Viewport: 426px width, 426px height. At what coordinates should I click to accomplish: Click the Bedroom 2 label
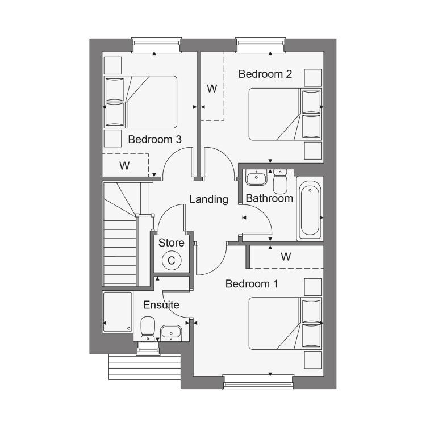click(265, 74)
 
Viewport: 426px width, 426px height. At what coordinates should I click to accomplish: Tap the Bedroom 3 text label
click(154, 139)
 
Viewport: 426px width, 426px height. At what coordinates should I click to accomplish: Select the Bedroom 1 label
click(252, 284)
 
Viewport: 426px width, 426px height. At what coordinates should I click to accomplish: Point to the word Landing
click(208, 200)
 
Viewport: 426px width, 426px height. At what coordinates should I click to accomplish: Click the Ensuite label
click(161, 305)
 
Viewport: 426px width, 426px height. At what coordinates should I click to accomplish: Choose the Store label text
click(171, 243)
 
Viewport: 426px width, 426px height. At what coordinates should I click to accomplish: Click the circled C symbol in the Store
click(172, 261)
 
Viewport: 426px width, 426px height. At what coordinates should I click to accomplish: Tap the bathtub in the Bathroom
click(310, 208)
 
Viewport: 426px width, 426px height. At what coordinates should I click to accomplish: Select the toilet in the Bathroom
click(280, 181)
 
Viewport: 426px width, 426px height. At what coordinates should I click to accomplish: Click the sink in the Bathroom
click(256, 177)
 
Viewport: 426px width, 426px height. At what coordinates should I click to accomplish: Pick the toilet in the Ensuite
click(148, 328)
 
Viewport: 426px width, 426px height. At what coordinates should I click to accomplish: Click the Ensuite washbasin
click(171, 333)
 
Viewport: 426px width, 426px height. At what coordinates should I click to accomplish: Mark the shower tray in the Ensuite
click(118, 312)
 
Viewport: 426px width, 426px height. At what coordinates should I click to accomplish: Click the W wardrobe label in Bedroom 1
click(286, 257)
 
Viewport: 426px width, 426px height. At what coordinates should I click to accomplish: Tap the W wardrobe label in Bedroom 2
click(212, 89)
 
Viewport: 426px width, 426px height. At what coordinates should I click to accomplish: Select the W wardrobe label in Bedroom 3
click(124, 165)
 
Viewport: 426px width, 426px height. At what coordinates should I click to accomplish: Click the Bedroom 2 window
click(261, 45)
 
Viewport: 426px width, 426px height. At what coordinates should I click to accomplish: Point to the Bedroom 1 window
click(258, 382)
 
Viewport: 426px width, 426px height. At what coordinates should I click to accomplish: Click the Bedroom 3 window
click(157, 45)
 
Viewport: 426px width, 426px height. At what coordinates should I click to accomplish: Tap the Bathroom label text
click(269, 198)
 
